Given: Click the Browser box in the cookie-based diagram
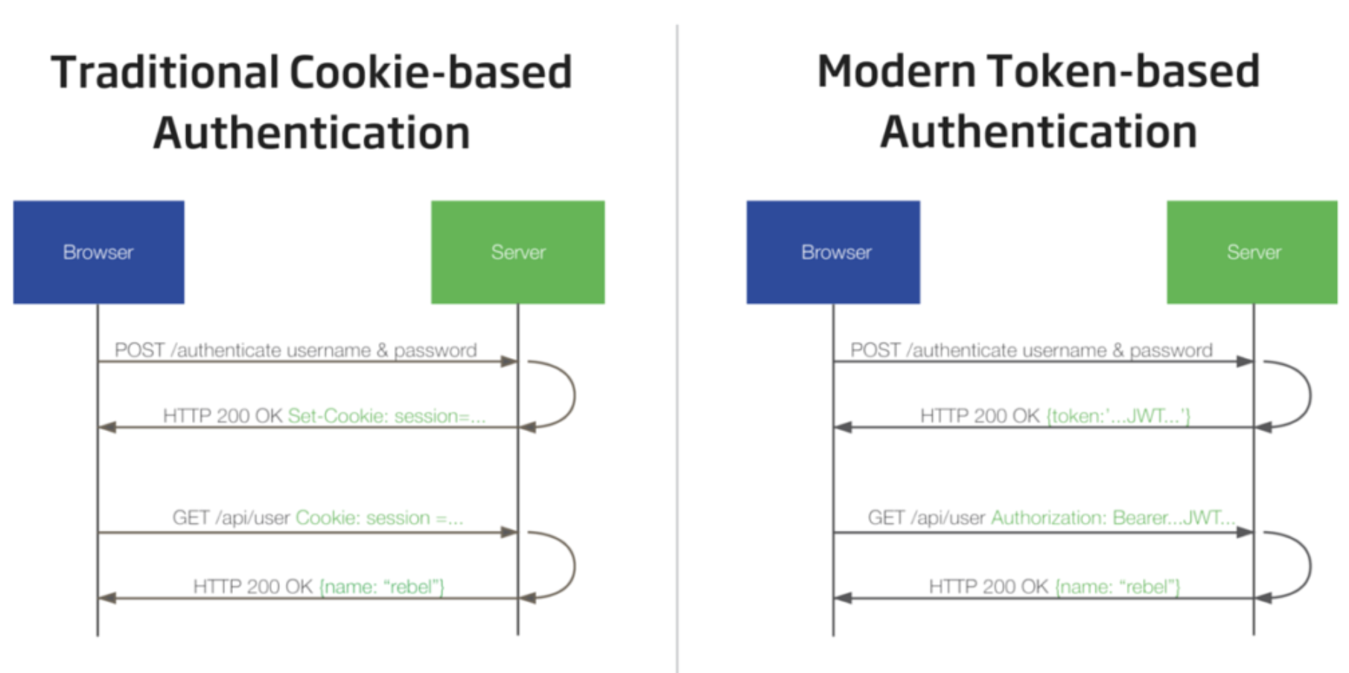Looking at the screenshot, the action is [x=98, y=252].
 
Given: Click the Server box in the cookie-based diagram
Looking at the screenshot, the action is [x=518, y=252].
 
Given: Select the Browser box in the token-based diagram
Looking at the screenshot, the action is [x=833, y=252].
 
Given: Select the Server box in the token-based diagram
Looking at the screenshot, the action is [x=1252, y=252].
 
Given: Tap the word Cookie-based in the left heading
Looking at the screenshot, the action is [x=431, y=72].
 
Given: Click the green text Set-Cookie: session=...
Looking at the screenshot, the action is [x=386, y=415].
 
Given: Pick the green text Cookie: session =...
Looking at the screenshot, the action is [x=380, y=517].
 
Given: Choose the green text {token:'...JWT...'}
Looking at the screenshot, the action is [x=1118, y=415].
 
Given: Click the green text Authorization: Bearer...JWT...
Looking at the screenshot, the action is [x=1113, y=517].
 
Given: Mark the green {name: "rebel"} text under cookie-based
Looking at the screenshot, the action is [x=382, y=587].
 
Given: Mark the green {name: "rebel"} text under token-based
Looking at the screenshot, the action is [x=1117, y=587].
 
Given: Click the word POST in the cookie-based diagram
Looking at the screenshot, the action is [x=140, y=350].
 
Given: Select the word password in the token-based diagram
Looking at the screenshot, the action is [x=1171, y=351].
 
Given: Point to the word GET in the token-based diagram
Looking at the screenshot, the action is [x=886, y=517].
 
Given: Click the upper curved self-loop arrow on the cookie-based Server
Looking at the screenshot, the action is [x=574, y=395].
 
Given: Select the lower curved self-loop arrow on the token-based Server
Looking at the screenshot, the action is [x=1310, y=566].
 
